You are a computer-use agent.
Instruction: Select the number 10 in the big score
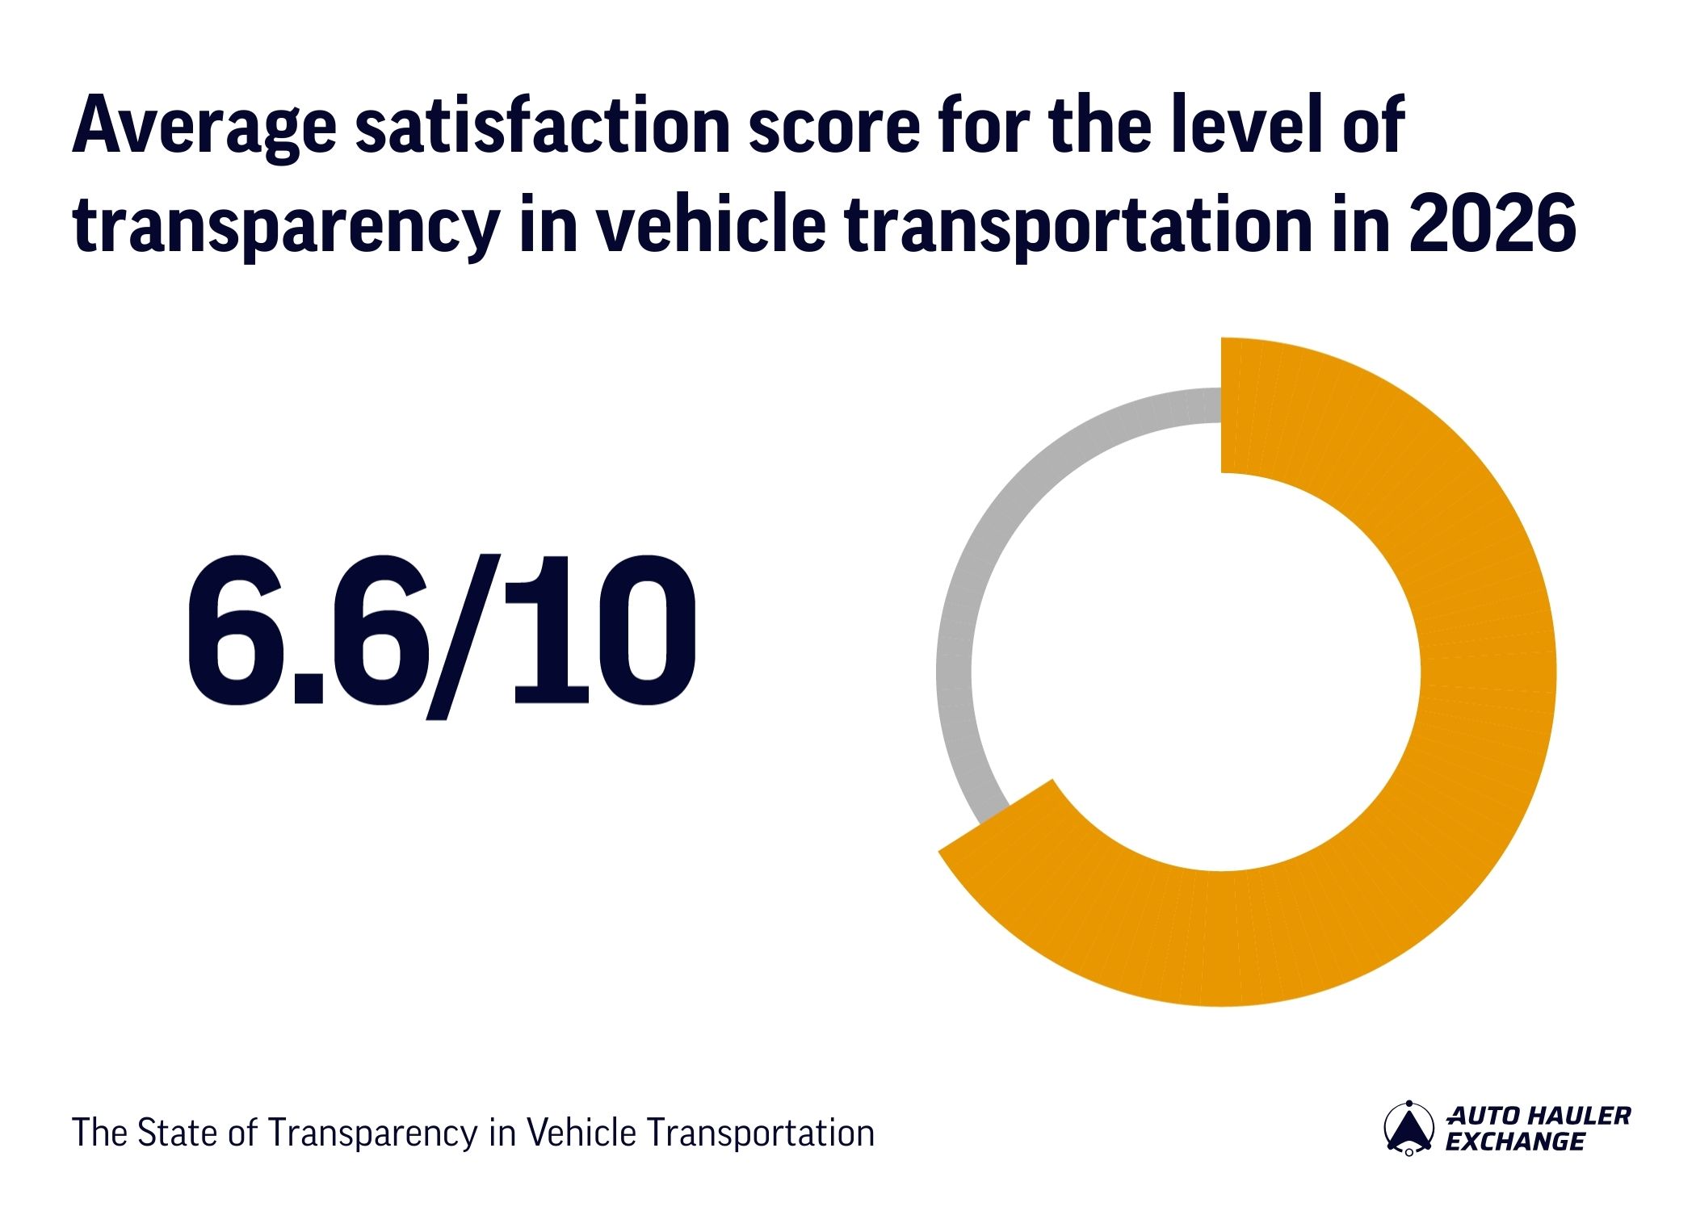coord(602,630)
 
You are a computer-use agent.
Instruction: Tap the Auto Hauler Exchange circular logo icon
coord(1408,1128)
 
